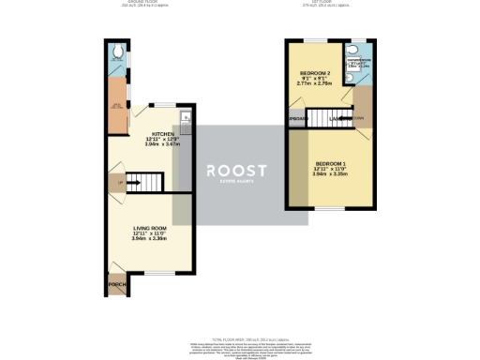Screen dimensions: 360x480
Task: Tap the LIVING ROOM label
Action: point(149,226)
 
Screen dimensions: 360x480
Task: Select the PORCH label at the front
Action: point(117,284)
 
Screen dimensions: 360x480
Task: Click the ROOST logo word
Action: point(236,170)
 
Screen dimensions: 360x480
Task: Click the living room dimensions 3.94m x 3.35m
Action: point(149,239)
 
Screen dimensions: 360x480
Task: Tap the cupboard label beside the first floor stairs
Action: point(298,120)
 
